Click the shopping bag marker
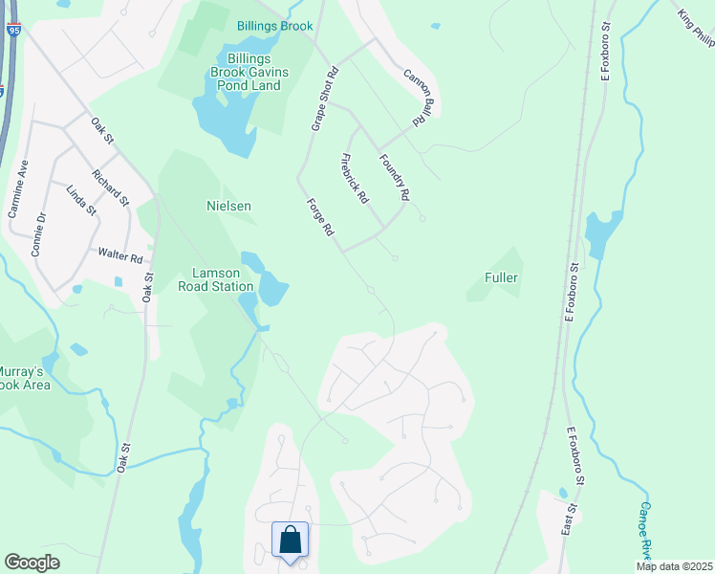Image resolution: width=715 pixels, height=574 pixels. [x=290, y=541]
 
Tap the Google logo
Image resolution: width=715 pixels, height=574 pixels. [x=32, y=563]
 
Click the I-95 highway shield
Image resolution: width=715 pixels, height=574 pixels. [x=13, y=32]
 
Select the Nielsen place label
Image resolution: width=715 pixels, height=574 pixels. [x=228, y=206]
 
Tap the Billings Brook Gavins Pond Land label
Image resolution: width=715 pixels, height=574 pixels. [x=248, y=72]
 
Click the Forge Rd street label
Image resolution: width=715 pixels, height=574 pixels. [x=320, y=217]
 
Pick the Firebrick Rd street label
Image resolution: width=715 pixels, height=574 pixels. [x=354, y=179]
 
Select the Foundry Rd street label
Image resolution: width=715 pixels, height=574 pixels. [x=394, y=177]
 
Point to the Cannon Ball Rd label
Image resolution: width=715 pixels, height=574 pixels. [x=412, y=97]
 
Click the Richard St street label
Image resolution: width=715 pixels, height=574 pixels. [x=110, y=188]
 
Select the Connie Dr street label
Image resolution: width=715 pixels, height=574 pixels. [x=39, y=233]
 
